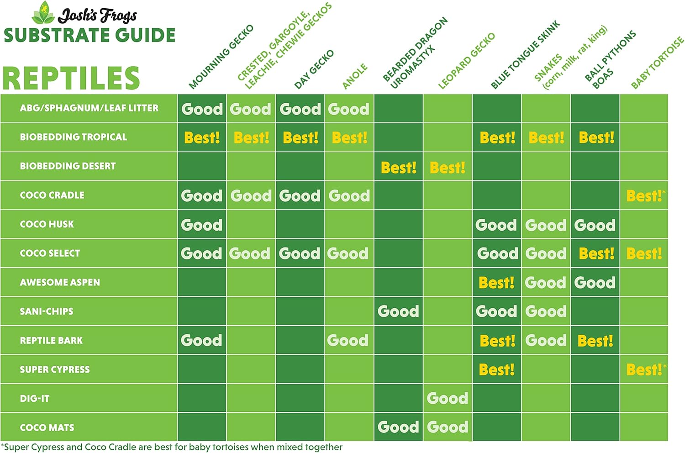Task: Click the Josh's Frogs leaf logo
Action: [x=43, y=14]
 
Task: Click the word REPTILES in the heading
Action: [x=71, y=78]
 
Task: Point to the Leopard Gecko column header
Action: [x=466, y=61]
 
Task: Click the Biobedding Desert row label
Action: [x=68, y=166]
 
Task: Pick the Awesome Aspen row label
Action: [x=60, y=283]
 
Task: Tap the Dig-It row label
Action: [x=35, y=399]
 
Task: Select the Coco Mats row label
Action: [x=47, y=428]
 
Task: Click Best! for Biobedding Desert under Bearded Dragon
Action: [x=398, y=168]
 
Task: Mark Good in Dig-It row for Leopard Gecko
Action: [x=447, y=399]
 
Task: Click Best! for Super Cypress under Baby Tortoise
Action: [x=644, y=369]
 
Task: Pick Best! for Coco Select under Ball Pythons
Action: [x=596, y=254]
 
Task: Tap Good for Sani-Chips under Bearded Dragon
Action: [x=398, y=311]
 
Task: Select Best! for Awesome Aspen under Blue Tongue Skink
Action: [x=496, y=283]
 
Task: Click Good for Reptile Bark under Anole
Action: [x=348, y=341]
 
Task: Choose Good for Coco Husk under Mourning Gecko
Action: [x=201, y=225]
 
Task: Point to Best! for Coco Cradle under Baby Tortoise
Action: [x=644, y=196]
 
